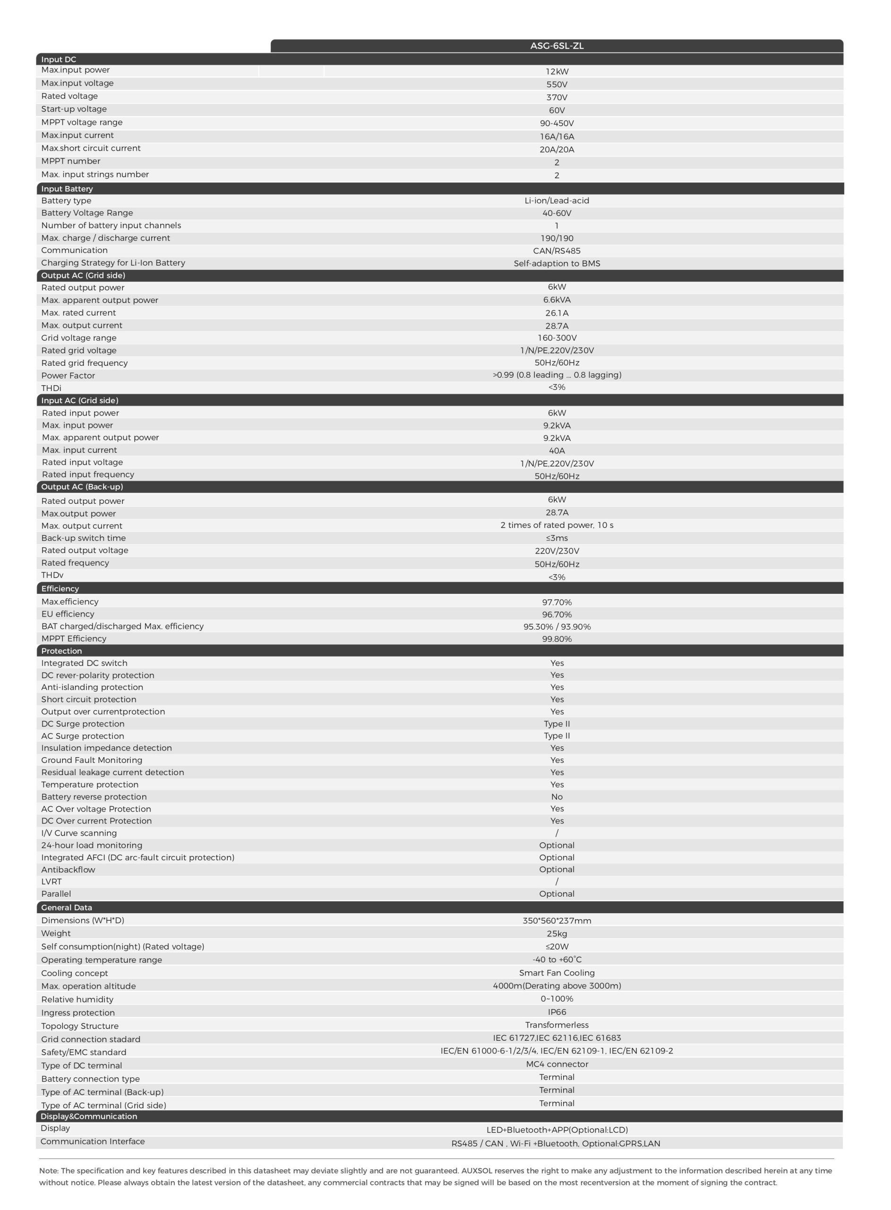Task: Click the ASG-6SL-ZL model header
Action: click(x=557, y=46)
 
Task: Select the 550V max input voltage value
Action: click(x=557, y=84)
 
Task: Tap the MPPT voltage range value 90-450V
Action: click(x=557, y=123)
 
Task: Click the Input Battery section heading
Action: click(x=67, y=189)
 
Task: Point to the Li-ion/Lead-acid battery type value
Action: click(x=557, y=201)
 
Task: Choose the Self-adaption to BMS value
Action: click(x=557, y=263)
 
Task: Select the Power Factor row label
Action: click(x=68, y=375)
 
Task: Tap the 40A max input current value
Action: click(x=557, y=450)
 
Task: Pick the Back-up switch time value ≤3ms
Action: click(x=557, y=538)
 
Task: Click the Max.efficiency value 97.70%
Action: click(x=557, y=602)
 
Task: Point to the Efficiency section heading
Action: click(x=60, y=588)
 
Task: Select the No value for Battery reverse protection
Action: click(x=557, y=797)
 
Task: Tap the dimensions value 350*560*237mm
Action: click(x=557, y=920)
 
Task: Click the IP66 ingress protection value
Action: click(x=557, y=1012)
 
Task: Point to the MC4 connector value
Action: click(x=557, y=1064)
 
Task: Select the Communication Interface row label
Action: click(x=92, y=1141)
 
